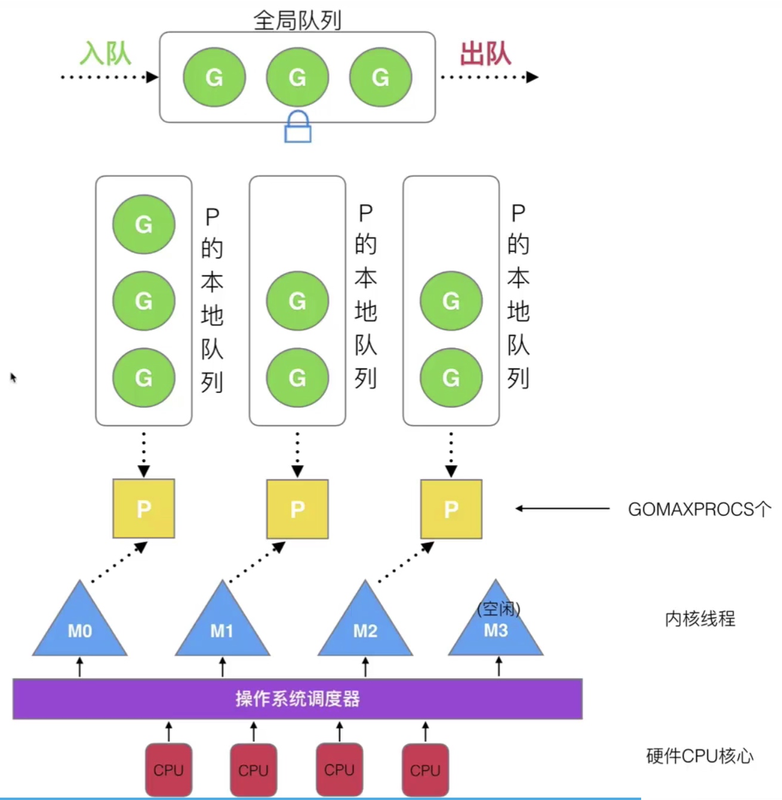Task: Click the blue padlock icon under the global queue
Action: [297, 127]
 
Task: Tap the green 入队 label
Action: [106, 54]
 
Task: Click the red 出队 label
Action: [485, 54]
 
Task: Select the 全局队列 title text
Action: [297, 20]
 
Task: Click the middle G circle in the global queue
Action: [297, 77]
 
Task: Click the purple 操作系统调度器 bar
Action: [297, 699]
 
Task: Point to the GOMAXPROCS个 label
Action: [699, 509]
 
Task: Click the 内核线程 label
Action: [700, 619]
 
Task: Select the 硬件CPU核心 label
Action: [700, 756]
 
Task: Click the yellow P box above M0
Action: [144, 509]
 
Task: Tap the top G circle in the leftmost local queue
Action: [144, 224]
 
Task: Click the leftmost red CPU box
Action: [168, 770]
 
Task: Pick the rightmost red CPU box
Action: [425, 770]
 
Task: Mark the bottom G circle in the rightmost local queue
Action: [451, 377]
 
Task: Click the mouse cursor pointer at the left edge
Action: [13, 377]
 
